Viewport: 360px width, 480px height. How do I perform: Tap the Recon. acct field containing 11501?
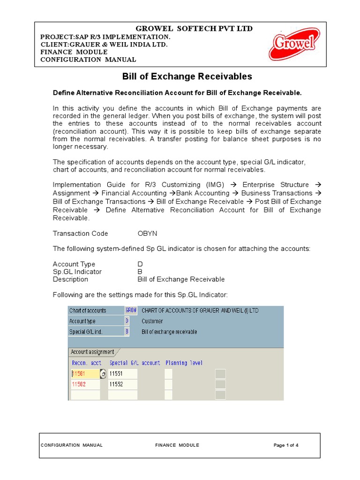click(84, 374)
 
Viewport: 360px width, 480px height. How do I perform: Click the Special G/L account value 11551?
click(122, 374)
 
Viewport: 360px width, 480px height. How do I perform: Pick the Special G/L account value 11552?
click(122, 384)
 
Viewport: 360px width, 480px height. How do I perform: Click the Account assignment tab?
click(92, 352)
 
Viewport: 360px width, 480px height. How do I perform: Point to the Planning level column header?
click(184, 363)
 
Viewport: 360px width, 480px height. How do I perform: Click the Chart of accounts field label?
click(88, 310)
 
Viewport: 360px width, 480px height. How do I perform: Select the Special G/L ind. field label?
click(86, 331)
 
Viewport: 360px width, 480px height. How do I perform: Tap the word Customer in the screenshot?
click(152, 321)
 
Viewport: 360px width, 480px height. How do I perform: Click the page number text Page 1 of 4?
click(286, 445)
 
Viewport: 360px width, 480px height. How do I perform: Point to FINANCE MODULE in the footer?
click(177, 445)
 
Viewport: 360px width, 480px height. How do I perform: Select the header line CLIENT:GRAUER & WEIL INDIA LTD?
click(104, 45)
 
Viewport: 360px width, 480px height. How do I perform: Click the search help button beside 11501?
click(103, 374)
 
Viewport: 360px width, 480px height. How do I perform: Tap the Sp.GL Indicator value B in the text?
click(140, 272)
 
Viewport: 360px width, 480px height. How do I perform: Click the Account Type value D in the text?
click(140, 264)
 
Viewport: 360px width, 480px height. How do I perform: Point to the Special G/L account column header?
click(135, 363)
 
